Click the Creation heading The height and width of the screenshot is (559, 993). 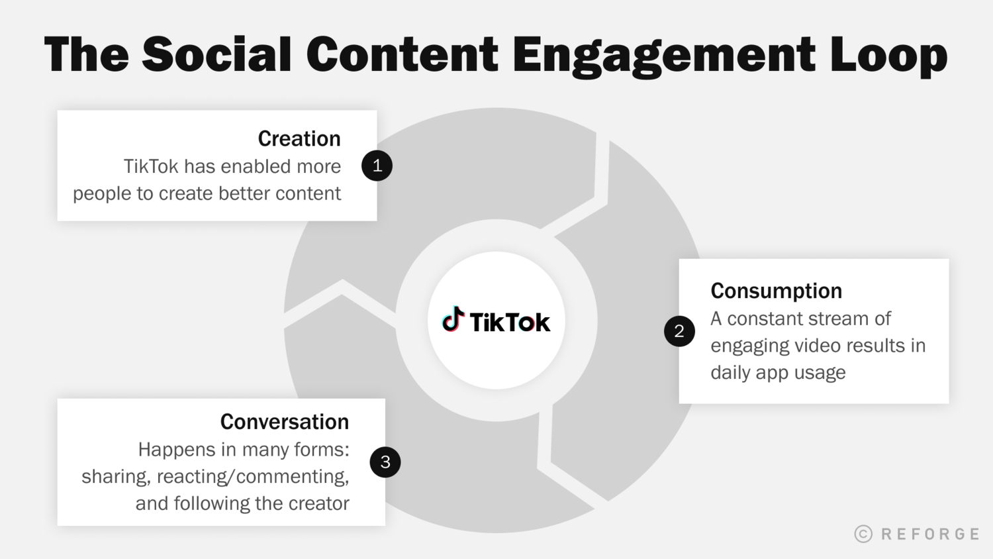[x=299, y=138]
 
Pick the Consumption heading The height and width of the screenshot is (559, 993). [x=776, y=291]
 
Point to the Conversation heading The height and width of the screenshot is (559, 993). [x=284, y=422]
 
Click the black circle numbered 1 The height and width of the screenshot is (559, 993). [x=377, y=166]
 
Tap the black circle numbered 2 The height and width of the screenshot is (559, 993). [x=679, y=331]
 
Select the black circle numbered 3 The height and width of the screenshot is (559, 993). [x=385, y=462]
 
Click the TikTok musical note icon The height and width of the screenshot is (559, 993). [x=453, y=319]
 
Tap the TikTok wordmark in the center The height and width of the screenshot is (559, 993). [x=510, y=323]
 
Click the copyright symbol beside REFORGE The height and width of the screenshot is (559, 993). [x=863, y=534]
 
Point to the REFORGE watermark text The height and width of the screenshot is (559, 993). [x=930, y=534]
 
